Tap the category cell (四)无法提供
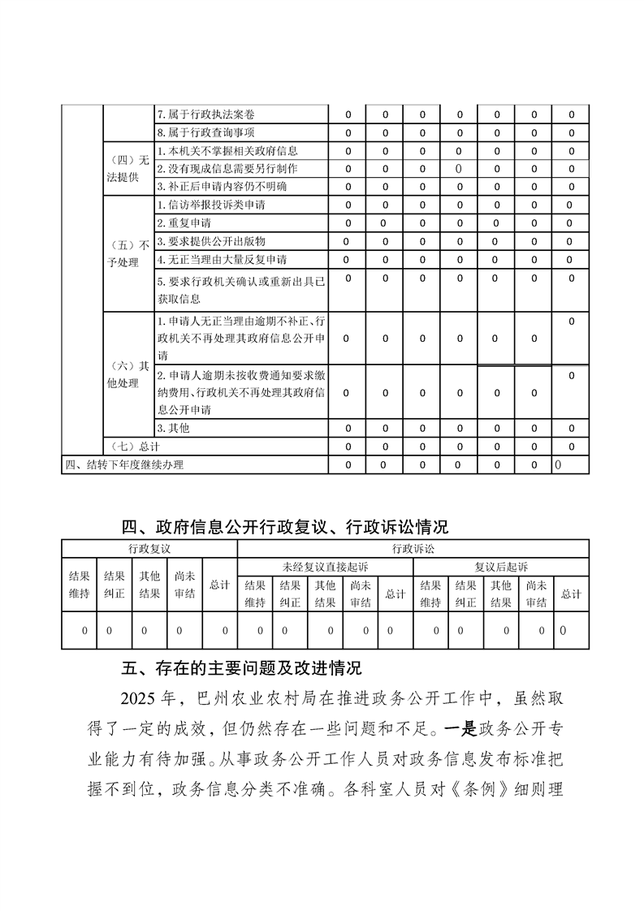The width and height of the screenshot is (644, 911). tap(128, 168)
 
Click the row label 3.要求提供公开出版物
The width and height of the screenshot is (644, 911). tap(210, 241)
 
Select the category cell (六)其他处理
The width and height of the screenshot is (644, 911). tap(128, 374)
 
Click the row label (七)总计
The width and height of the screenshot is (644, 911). tap(133, 447)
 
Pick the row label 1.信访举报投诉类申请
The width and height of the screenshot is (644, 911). tap(210, 205)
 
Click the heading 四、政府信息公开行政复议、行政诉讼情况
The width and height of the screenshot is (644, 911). tap(284, 527)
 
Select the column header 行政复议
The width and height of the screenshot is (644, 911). tap(149, 548)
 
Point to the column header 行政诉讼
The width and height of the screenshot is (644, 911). tap(413, 548)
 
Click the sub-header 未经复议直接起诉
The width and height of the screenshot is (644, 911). tap(325, 566)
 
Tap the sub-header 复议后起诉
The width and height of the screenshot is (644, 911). tap(501, 566)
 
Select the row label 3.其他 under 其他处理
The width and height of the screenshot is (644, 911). tap(173, 428)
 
